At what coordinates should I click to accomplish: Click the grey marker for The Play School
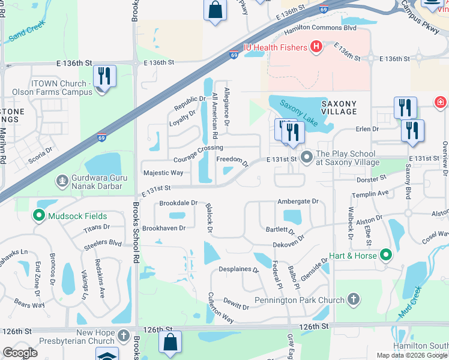[307, 158]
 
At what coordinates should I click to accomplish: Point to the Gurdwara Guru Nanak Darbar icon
[61, 181]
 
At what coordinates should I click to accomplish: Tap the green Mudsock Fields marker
[40, 215]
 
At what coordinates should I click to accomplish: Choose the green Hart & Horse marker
[386, 256]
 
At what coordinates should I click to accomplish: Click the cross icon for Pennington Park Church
[354, 299]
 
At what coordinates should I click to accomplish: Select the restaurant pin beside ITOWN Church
[104, 77]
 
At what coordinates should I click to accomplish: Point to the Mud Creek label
[410, 303]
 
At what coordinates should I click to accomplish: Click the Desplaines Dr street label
[238, 269]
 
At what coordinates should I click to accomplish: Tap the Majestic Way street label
[163, 173]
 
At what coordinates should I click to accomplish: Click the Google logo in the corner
[20, 352]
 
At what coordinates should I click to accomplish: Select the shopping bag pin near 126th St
[170, 343]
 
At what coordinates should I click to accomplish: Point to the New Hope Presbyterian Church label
[95, 337]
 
